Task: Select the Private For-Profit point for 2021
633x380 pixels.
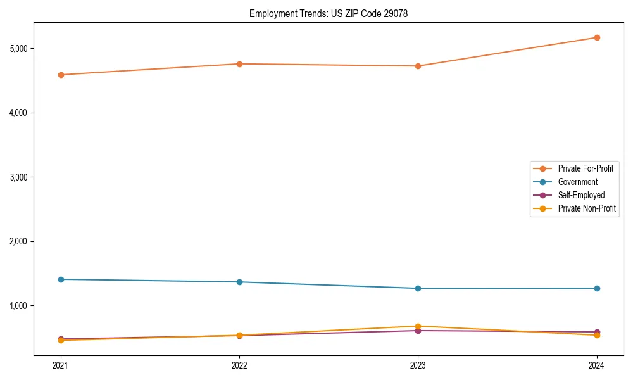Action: [x=61, y=75]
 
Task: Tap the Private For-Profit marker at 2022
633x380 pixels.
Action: [x=239, y=64]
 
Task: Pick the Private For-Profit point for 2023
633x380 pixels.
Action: [x=418, y=66]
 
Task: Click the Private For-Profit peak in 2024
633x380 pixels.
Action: [x=596, y=37]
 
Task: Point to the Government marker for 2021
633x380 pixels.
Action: [x=61, y=279]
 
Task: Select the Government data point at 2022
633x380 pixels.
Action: [x=239, y=282]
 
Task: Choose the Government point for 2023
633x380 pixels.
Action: [x=418, y=288]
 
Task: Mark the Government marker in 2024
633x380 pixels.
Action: [x=596, y=288]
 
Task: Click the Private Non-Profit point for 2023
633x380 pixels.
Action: [x=418, y=326]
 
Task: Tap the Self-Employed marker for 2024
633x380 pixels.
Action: [x=596, y=332]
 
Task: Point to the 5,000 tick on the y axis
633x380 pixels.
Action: [x=22, y=49]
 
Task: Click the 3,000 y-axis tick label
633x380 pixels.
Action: [x=22, y=177]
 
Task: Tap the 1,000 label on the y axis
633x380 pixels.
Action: [x=22, y=306]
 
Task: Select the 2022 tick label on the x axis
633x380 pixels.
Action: [x=239, y=365]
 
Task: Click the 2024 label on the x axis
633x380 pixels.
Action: [x=596, y=365]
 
